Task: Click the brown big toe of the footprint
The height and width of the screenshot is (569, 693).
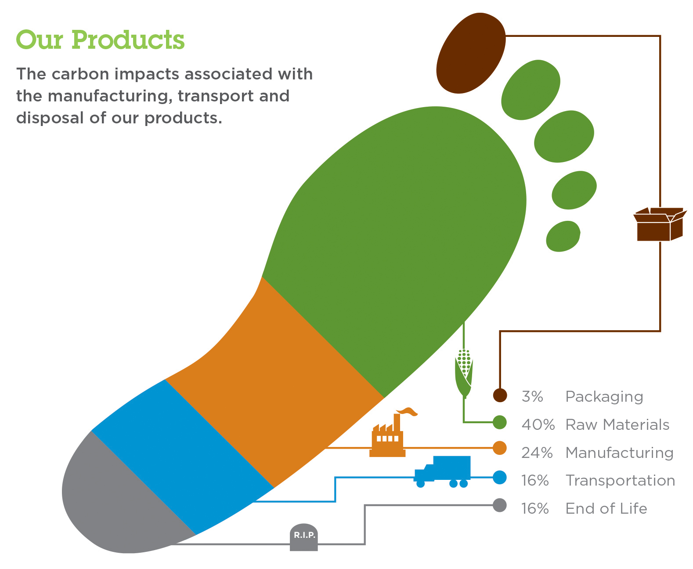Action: point(470,53)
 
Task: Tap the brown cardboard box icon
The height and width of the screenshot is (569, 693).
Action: point(660,224)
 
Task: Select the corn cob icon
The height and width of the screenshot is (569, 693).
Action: point(464,373)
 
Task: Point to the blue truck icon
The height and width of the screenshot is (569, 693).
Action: point(442,472)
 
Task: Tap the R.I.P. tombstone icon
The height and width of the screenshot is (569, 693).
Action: point(304,537)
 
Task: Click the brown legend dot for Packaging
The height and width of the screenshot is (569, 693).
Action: point(500,395)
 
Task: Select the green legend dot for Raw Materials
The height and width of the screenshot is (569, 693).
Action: point(499,422)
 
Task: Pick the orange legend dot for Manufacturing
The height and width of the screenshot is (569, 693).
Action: point(499,448)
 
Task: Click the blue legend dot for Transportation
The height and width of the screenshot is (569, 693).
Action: point(499,477)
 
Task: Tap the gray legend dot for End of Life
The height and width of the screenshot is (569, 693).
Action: point(499,505)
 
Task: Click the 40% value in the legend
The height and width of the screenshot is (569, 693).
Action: point(538,425)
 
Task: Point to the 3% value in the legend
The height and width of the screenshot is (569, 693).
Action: point(532,396)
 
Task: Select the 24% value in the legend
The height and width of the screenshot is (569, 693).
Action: point(537,453)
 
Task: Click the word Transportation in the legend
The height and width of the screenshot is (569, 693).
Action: point(620,480)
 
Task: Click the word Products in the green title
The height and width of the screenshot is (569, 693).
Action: point(128,40)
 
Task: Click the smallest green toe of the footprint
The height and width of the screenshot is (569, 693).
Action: point(563,236)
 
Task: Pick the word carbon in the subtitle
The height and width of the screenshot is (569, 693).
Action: point(80,74)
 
